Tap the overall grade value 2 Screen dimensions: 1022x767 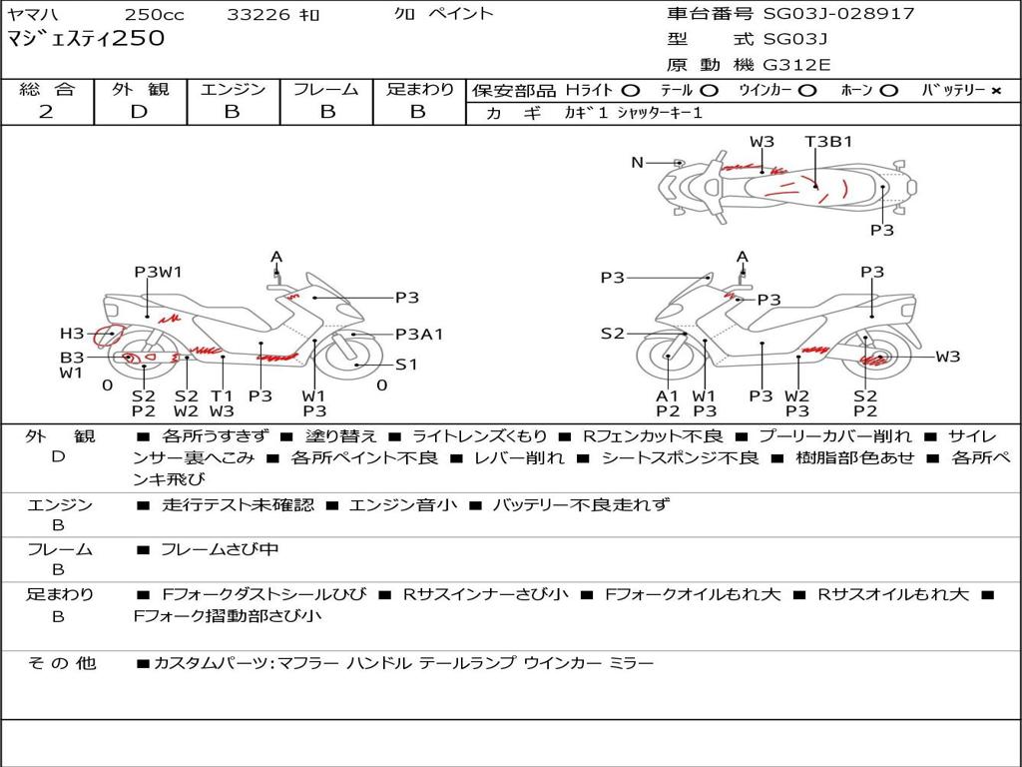click(46, 112)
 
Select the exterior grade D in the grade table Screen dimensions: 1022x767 click(139, 112)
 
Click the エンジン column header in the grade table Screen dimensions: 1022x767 click(233, 90)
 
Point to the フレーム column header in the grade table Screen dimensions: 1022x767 click(325, 90)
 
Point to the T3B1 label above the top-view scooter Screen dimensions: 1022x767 click(828, 142)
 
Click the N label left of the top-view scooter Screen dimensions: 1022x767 click(637, 163)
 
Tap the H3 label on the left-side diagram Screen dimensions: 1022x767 click(72, 334)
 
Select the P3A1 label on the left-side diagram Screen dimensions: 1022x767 click(419, 335)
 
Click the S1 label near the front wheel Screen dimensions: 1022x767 click(406, 365)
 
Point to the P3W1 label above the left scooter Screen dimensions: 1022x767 click(159, 272)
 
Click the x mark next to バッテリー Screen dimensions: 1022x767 click(995, 91)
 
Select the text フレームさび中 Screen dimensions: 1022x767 click(220, 549)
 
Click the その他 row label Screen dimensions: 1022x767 click(62, 663)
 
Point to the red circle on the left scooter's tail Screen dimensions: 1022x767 click(108, 337)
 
